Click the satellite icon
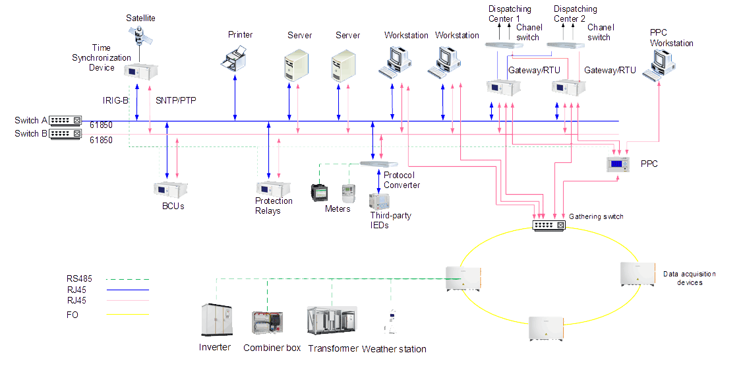coord(140,34)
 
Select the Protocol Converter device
coord(378,163)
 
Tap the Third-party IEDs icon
coord(379,202)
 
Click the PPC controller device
coord(619,165)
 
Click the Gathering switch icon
coord(549,226)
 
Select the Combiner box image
coord(267,323)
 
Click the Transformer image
coord(332,321)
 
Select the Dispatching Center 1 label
coord(509,14)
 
